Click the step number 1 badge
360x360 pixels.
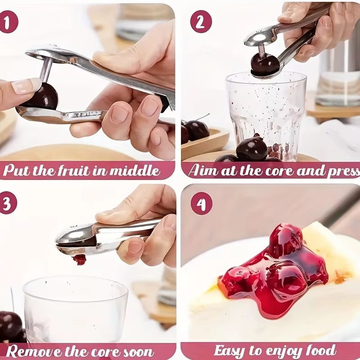(x=9, y=21)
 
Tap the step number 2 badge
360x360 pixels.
(x=201, y=21)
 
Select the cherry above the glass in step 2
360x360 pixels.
(x=265, y=64)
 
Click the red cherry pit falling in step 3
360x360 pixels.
(x=80, y=260)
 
